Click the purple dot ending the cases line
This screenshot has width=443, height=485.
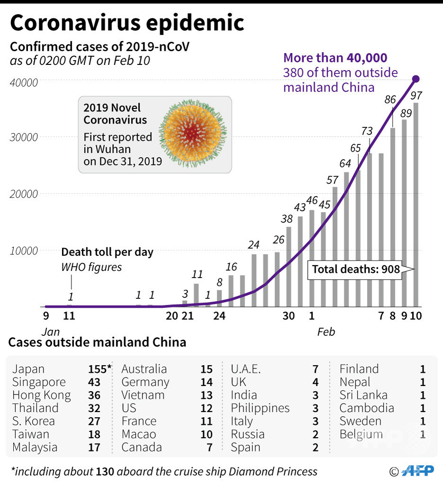(x=416, y=79)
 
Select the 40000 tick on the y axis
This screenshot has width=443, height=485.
(x=24, y=82)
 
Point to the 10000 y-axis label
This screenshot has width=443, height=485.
(x=24, y=251)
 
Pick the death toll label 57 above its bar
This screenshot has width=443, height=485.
(x=332, y=180)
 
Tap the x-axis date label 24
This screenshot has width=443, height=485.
(x=219, y=316)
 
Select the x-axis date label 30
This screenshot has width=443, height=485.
(x=289, y=316)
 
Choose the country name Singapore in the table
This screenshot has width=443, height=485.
(x=39, y=382)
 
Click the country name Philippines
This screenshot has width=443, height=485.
(x=260, y=408)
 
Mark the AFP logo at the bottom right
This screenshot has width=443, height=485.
(x=418, y=471)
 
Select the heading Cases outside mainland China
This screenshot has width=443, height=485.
(x=97, y=342)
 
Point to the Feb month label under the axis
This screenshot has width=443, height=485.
(x=326, y=332)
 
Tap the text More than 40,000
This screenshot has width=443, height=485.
(x=335, y=58)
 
